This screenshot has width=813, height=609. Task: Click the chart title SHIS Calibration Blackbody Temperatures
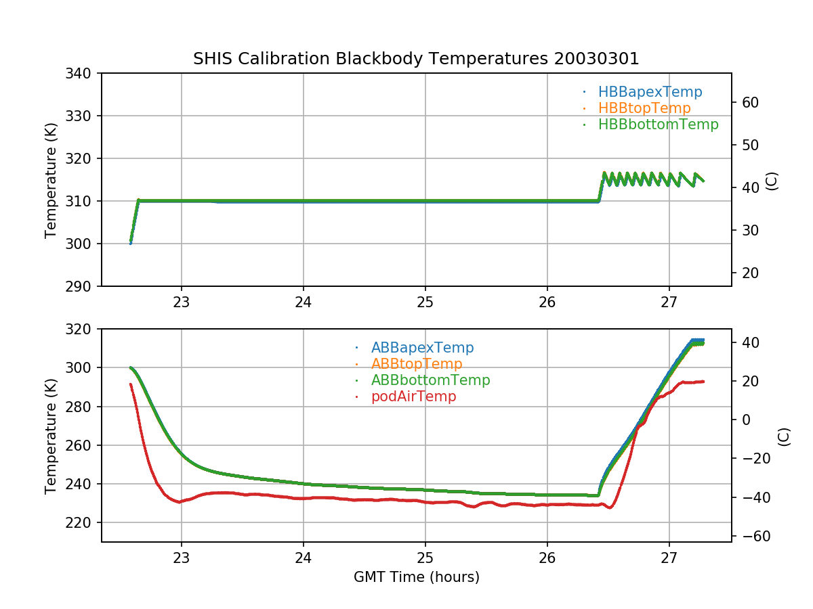(x=416, y=59)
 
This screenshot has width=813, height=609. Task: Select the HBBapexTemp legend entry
(x=650, y=92)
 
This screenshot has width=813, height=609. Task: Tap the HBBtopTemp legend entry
(x=644, y=108)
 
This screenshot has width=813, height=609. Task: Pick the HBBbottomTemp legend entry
(x=658, y=125)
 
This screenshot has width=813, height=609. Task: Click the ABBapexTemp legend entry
(x=422, y=348)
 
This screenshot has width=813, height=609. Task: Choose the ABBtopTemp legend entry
(x=417, y=364)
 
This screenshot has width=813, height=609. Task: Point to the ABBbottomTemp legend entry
(x=430, y=380)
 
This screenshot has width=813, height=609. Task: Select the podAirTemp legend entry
(x=413, y=397)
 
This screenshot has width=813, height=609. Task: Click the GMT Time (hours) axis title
(x=416, y=577)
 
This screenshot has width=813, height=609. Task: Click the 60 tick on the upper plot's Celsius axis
(x=749, y=102)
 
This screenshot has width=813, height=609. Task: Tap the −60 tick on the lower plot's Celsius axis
(x=752, y=536)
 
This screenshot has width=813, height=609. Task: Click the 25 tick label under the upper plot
(x=425, y=302)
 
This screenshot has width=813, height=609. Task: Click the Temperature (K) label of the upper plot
(x=51, y=179)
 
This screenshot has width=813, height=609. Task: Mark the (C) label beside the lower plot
(x=784, y=436)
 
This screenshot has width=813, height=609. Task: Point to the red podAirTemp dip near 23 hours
(x=180, y=502)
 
